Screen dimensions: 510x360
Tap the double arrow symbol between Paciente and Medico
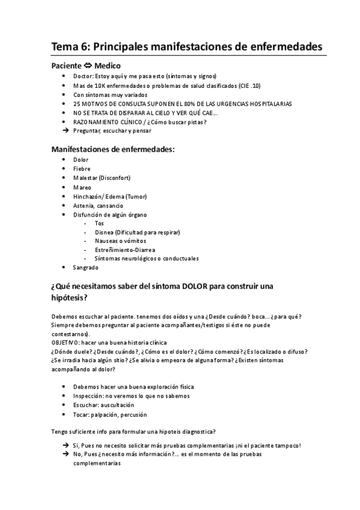[x=87, y=66]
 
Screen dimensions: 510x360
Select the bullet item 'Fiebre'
[x=82, y=169]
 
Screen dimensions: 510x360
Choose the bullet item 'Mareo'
[x=82, y=187]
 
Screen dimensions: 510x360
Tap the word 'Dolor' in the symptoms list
[x=81, y=160]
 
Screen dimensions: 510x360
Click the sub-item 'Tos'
[x=99, y=223]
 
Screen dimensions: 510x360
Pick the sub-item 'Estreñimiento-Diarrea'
[x=125, y=250]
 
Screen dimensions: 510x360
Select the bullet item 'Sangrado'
[x=85, y=267]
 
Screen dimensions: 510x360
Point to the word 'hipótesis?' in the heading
[x=69, y=298]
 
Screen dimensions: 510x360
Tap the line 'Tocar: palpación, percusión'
[x=110, y=414]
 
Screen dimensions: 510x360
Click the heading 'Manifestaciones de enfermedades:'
[x=113, y=149]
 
